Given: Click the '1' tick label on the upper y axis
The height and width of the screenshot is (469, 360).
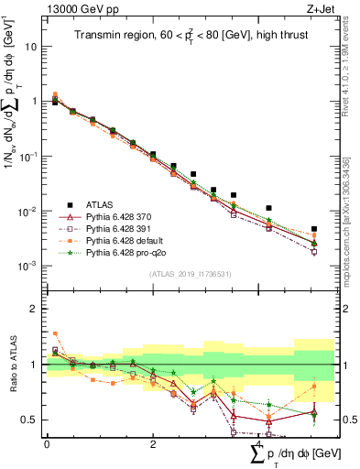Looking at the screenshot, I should coord(35,101).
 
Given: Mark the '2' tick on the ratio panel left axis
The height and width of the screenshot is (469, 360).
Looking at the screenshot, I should coord(34,309).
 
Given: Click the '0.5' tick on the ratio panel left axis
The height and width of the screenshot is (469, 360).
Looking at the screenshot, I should coord(29,420).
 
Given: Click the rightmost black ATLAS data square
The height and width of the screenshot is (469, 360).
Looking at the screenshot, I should coord(314,229).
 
